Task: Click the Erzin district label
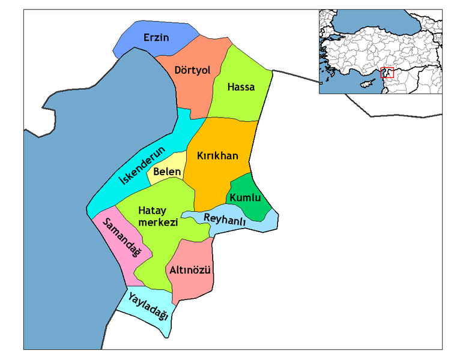click(x=156, y=38)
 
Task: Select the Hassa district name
click(x=241, y=87)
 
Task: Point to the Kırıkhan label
click(x=217, y=156)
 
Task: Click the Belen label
click(x=167, y=172)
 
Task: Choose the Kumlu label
click(x=245, y=197)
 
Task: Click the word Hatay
click(x=151, y=211)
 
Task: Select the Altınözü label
click(x=190, y=270)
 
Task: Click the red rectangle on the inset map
click(x=387, y=73)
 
